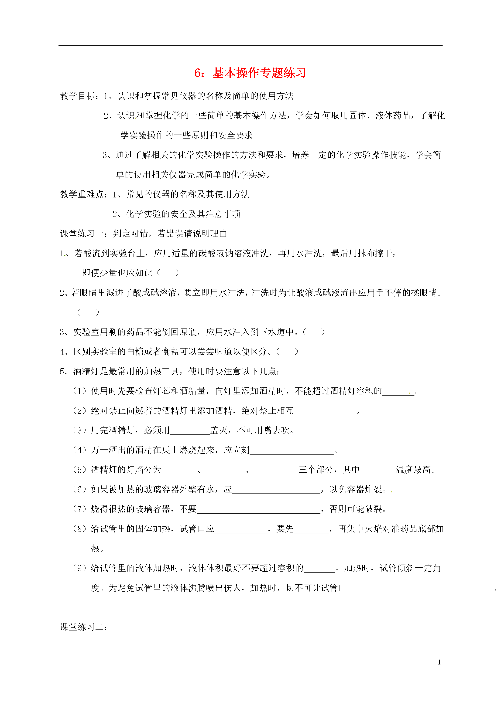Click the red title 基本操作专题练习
pyautogui.click(x=259, y=73)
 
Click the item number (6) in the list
pyautogui.click(x=79, y=490)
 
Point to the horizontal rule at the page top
pyautogui.click(x=250, y=46)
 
